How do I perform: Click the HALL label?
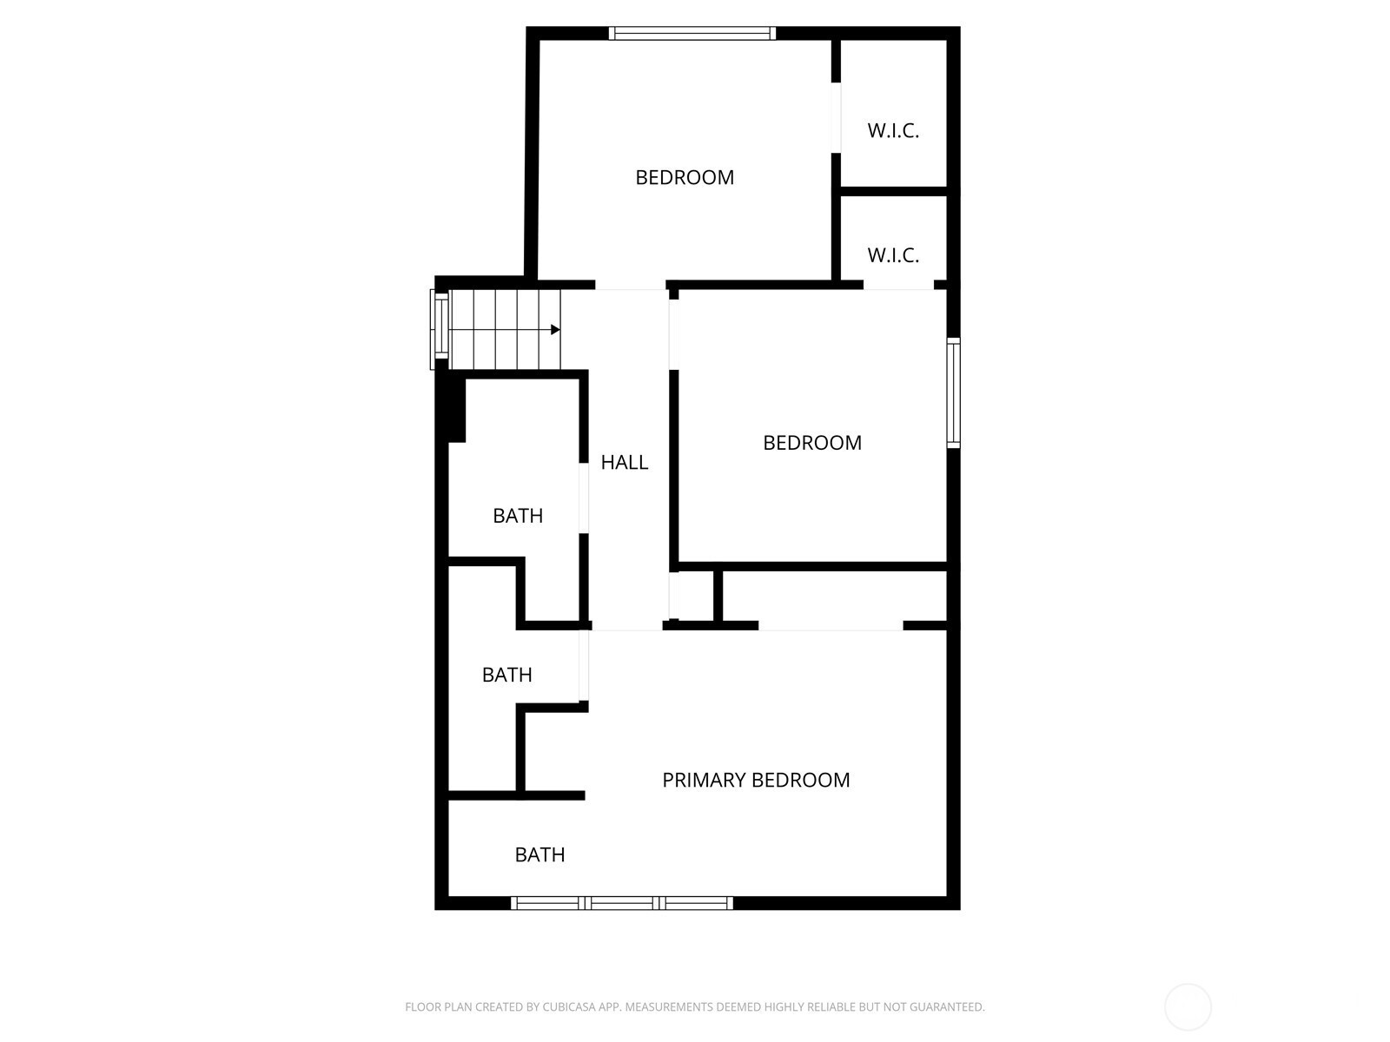pos(624,463)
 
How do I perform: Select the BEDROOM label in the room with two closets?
pos(685,177)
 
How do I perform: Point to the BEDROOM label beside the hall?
pos(811,443)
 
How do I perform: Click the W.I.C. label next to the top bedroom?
pos(893,131)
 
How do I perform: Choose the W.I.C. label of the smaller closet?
pos(893,255)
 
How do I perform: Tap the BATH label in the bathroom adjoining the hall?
pos(518,517)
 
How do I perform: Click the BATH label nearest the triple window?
pos(539,855)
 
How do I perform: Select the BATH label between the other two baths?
pos(506,675)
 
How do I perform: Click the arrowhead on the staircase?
pos(555,330)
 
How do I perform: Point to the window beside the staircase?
pos(440,330)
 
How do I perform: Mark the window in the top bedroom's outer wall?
pos(692,34)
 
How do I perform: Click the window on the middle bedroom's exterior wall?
pos(954,392)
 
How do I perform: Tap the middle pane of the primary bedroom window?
pos(622,903)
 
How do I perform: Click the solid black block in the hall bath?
pos(457,410)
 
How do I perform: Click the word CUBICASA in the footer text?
pos(566,1007)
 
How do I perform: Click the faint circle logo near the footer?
pos(1188,1007)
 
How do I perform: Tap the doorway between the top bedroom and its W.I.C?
pos(836,118)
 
